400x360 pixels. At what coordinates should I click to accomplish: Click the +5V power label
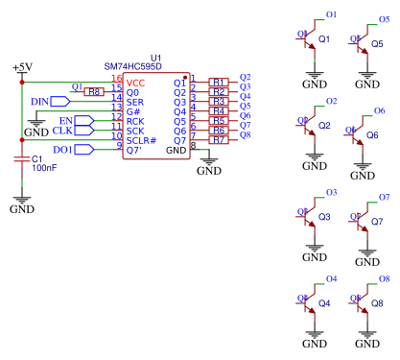pyautogui.click(x=21, y=67)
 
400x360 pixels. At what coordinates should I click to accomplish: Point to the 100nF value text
pyautogui.click(x=44, y=168)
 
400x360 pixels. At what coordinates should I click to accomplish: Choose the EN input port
pyautogui.click(x=83, y=120)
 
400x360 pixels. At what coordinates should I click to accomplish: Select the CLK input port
pyautogui.click(x=82, y=130)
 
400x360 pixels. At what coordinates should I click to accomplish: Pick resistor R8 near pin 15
pyautogui.click(x=93, y=91)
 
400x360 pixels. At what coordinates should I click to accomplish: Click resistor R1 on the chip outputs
pyautogui.click(x=219, y=83)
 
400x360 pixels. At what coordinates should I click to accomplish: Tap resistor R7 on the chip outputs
pyautogui.click(x=219, y=140)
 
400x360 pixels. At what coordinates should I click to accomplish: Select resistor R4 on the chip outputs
pyautogui.click(x=219, y=111)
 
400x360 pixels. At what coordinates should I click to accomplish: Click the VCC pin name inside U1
pyautogui.click(x=136, y=83)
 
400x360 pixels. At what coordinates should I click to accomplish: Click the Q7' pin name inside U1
pyautogui.click(x=134, y=150)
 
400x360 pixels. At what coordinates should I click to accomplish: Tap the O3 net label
pyautogui.click(x=332, y=193)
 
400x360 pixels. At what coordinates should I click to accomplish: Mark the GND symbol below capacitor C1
pyautogui.click(x=21, y=204)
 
